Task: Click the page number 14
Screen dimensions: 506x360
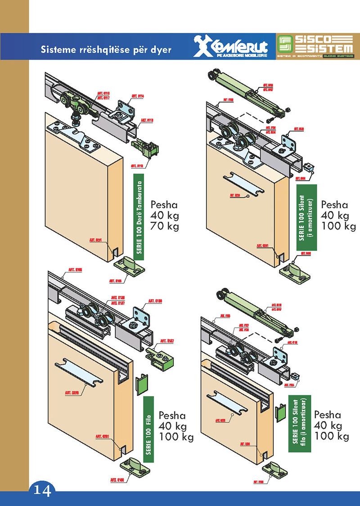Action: (x=42, y=489)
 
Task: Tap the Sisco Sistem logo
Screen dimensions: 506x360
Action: (x=315, y=46)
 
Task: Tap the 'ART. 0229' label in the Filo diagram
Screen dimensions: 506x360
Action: (x=72, y=393)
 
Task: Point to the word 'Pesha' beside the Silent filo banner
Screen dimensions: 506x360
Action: (x=328, y=414)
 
